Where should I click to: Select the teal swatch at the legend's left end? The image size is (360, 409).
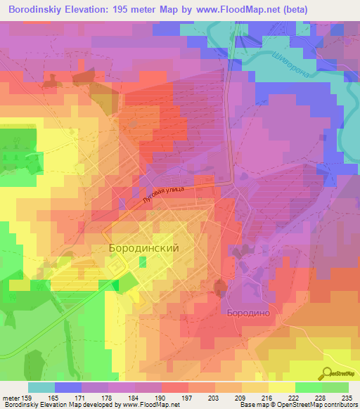pyautogui.click(x=41, y=387)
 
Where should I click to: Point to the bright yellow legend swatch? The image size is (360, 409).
pyautogui.click(x=281, y=387)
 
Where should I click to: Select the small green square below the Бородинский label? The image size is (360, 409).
pyautogui.click(x=143, y=262)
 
